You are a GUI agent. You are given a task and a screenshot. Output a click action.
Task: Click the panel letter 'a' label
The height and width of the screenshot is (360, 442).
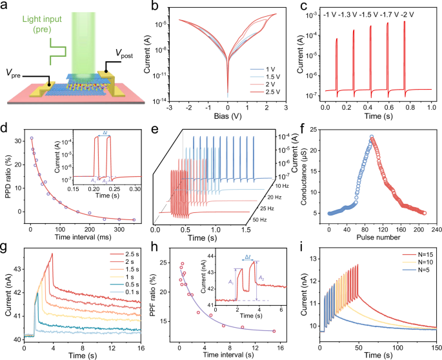(x=6, y=6)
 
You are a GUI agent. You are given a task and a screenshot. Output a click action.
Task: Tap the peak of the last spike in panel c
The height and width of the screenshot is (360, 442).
(x=405, y=22)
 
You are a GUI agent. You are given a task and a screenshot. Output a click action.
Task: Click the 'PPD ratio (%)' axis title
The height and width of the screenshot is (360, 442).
(x=8, y=174)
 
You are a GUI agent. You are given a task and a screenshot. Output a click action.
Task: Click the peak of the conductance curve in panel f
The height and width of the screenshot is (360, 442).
(x=372, y=137)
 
